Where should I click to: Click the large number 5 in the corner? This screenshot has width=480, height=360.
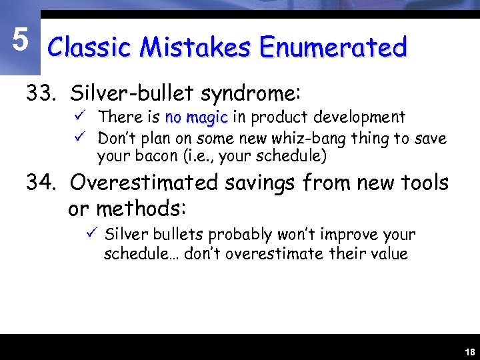coord(21,41)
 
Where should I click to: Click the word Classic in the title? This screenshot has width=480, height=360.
coord(89,48)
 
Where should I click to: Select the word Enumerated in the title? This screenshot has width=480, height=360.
coord(333,48)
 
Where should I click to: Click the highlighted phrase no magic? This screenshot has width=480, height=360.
coord(196,118)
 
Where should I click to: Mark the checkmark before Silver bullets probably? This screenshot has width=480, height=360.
coord(92,234)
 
